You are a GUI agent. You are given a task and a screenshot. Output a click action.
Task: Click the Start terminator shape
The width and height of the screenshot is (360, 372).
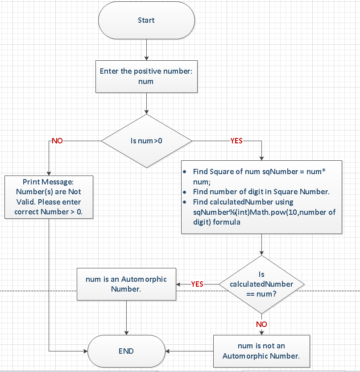click(x=146, y=20)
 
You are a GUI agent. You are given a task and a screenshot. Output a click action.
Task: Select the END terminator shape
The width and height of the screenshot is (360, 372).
click(x=126, y=351)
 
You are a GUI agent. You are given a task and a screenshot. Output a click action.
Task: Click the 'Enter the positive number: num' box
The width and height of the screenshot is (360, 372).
click(x=146, y=76)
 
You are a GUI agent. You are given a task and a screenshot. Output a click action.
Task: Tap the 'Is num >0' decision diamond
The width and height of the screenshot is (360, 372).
click(x=146, y=141)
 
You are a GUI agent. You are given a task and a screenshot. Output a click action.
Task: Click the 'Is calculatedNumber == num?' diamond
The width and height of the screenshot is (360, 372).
click(x=261, y=284)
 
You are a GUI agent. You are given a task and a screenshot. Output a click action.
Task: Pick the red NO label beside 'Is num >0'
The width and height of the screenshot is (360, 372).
click(x=57, y=141)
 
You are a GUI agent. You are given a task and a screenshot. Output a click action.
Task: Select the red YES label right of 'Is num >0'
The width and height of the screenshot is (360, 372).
click(x=236, y=141)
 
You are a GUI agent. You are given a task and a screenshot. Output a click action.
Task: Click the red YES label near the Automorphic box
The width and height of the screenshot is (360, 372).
click(x=197, y=284)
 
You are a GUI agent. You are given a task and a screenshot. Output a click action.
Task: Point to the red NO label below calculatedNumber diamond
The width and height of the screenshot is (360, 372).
click(x=261, y=324)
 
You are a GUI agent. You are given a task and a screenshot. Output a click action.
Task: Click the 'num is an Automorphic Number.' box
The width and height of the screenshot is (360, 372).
click(x=126, y=284)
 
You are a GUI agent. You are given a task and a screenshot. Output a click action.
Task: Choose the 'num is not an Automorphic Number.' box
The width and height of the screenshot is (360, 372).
click(x=261, y=351)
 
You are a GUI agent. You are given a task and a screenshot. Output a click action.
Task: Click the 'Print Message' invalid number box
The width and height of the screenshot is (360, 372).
click(x=49, y=197)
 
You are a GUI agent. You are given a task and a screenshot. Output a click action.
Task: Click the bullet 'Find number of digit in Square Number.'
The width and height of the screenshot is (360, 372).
click(x=261, y=192)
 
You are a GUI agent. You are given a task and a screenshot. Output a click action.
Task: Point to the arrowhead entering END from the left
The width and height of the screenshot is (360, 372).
click(x=86, y=351)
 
